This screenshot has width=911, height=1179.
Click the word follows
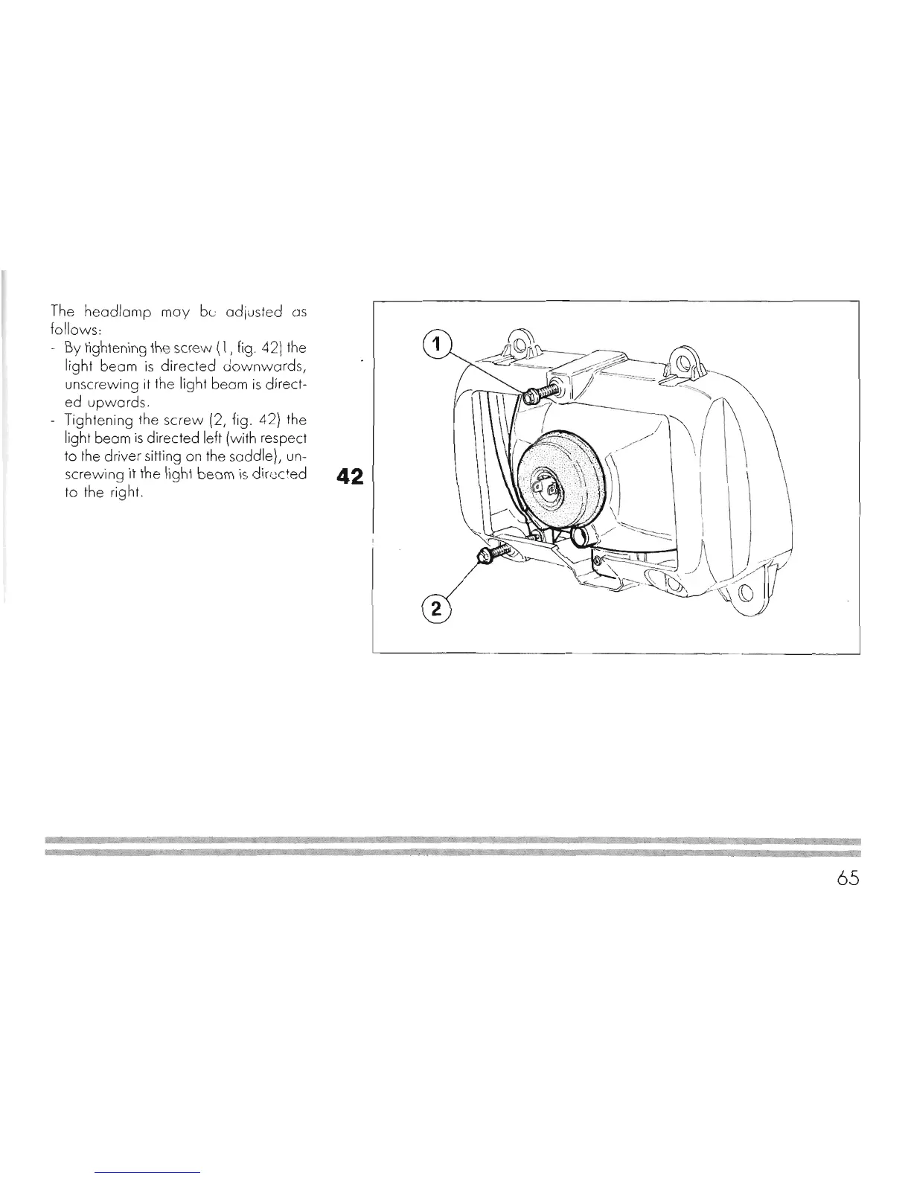coord(69,330)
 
